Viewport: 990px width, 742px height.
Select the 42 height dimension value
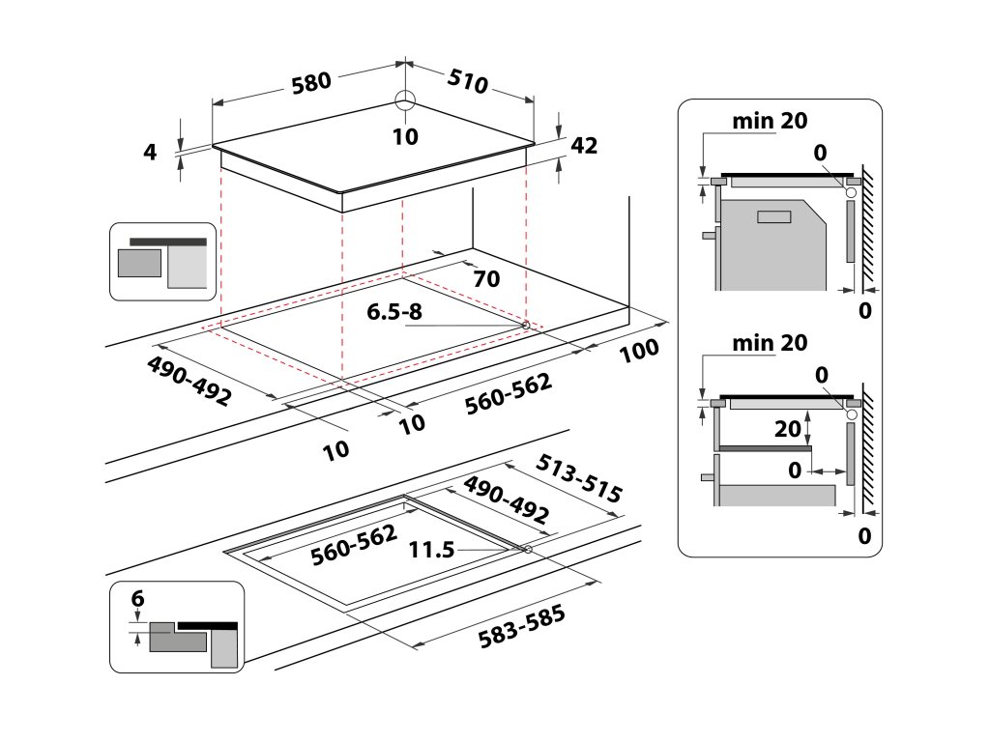[585, 146]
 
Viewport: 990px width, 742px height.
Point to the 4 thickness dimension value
[149, 152]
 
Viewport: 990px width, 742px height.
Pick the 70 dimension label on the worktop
[486, 280]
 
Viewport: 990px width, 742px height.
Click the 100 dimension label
[639, 351]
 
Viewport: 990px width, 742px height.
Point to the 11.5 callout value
[431, 551]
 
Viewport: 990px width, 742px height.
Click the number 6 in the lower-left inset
[137, 599]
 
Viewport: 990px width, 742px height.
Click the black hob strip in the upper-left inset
[167, 241]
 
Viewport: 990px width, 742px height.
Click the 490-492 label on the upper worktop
[189, 381]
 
